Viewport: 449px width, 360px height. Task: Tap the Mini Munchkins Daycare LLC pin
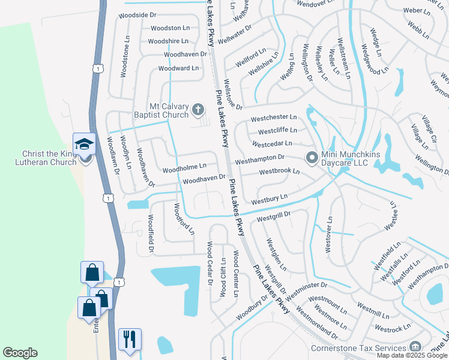[x=312, y=158]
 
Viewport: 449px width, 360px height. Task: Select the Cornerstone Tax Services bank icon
[x=415, y=347]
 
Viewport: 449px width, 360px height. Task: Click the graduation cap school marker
[x=85, y=144]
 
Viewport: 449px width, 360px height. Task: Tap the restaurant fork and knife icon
[x=130, y=339]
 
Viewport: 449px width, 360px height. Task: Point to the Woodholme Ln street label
[x=184, y=167]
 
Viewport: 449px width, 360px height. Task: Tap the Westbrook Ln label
[x=279, y=172]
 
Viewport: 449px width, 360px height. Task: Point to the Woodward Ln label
[x=178, y=68]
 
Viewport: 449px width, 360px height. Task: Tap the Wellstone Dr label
[x=232, y=94]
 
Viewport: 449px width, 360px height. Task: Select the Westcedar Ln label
[x=272, y=144]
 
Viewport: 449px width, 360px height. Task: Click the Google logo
[x=20, y=353]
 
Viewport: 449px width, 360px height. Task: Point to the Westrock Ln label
[x=392, y=329]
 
